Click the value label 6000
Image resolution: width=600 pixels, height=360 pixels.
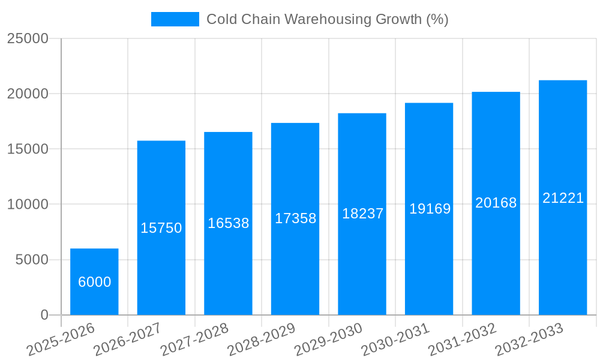95,282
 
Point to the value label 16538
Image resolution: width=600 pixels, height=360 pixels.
228,223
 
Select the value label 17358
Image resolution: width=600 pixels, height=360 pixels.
295,218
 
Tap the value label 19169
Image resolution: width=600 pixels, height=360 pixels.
430,209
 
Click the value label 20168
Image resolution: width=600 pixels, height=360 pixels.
496,203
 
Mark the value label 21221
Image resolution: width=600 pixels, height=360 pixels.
563,198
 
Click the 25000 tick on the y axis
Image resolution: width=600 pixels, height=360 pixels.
28,38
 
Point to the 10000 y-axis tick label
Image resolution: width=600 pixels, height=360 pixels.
28,205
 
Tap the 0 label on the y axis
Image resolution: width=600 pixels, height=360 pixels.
44,315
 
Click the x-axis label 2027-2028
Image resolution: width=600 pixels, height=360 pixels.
195,340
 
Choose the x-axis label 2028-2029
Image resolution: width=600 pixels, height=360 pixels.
262,340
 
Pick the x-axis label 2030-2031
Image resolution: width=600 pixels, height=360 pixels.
395,340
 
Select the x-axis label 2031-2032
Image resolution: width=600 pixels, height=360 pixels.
463,340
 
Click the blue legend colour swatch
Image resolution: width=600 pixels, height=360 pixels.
175,19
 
